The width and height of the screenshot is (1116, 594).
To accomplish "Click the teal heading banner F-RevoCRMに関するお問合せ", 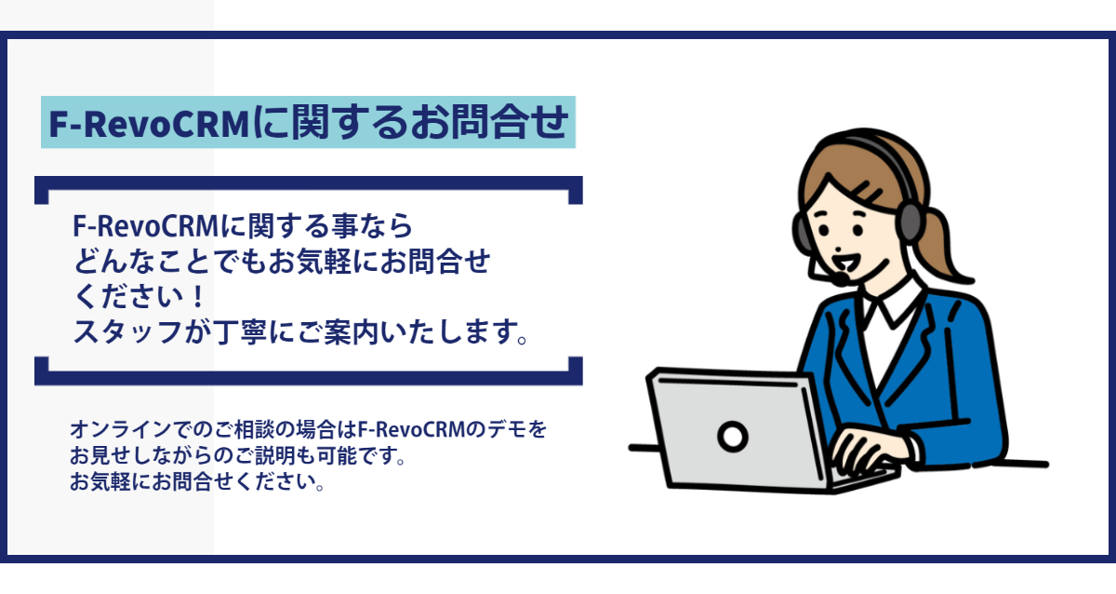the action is tap(308, 122).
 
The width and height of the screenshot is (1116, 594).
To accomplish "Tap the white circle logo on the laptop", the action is tap(733, 437).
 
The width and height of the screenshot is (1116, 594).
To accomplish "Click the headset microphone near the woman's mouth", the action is tap(841, 278).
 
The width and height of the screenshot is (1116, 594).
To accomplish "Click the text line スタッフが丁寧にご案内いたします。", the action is tap(300, 332).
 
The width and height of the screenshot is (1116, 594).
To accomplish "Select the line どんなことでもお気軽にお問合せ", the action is tap(282, 261).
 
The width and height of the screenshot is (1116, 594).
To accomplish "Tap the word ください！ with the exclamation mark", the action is tap(139, 297).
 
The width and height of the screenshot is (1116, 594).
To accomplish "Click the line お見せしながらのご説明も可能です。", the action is tap(238, 455).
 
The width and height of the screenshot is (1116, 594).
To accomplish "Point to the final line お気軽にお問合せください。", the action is tap(197, 481).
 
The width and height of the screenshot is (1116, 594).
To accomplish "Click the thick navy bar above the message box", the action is tap(309, 183).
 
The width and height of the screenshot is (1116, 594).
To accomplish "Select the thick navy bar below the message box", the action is tap(309, 378).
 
